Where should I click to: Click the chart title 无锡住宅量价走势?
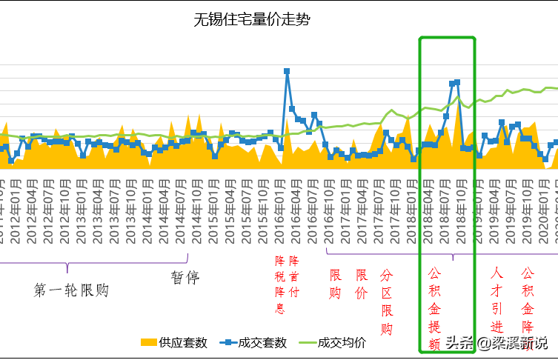click(x=252, y=20)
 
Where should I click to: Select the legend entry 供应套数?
click(x=174, y=342)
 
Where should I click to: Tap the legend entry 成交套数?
click(x=256, y=342)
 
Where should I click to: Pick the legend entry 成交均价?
click(x=333, y=342)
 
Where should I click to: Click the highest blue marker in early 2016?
click(x=287, y=71)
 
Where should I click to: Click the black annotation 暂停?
click(x=185, y=277)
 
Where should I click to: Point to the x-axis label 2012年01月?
click(x=16, y=200)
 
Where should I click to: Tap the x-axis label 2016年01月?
click(x=280, y=200)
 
